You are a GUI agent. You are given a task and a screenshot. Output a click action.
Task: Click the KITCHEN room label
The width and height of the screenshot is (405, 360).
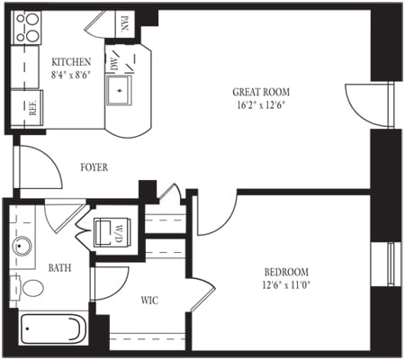pos(69,61)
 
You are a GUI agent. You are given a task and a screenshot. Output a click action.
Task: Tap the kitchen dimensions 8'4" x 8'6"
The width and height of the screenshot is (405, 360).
pos(69,76)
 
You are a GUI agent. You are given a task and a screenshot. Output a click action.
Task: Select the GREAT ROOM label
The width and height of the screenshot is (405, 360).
pos(260,91)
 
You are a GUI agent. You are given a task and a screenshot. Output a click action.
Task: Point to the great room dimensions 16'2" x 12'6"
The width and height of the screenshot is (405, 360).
pos(260,104)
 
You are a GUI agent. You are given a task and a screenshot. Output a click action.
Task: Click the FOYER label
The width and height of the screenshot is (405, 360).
pos(94,166)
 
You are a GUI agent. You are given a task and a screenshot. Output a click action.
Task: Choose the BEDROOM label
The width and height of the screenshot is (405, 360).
pos(286,273)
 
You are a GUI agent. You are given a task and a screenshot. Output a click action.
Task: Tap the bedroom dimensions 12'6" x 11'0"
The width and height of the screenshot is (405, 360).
pos(286,286)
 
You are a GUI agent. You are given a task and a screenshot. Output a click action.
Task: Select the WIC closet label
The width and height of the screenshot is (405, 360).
pos(148,300)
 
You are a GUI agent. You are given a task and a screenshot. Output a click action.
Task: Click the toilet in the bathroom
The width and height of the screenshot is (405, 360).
pos(31,288)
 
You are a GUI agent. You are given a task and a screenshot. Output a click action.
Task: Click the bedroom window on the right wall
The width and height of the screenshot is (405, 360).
pos(391,266)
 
